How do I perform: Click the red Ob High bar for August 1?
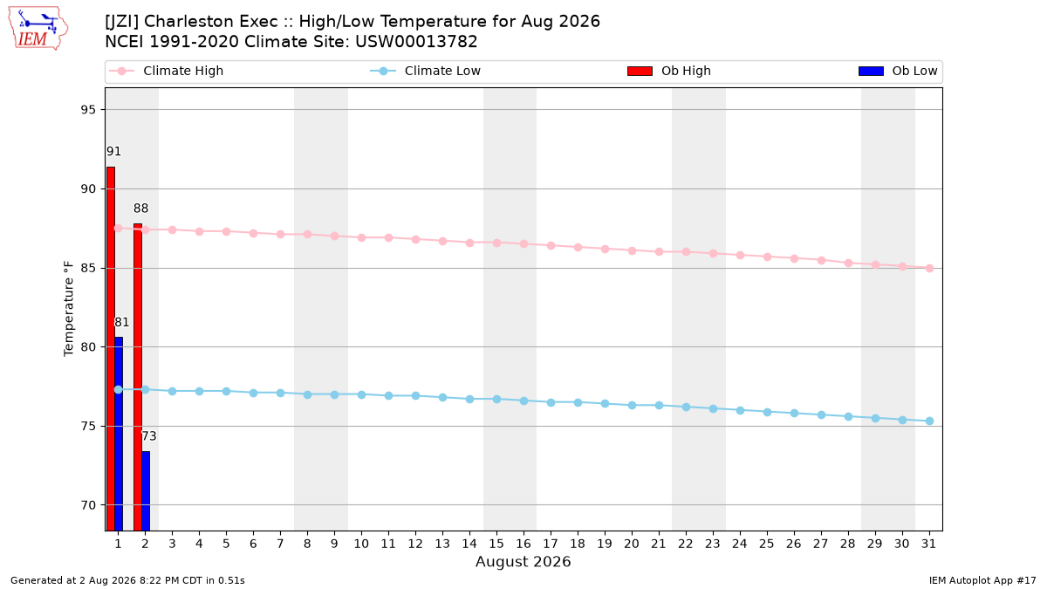[x=110, y=349]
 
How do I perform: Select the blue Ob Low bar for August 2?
[x=146, y=490]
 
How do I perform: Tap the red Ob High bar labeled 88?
[x=138, y=377]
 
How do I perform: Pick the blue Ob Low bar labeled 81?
[x=119, y=434]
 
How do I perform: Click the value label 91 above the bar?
[x=113, y=152]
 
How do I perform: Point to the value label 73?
[x=149, y=436]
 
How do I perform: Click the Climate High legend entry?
[x=167, y=71]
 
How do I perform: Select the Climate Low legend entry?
[x=426, y=71]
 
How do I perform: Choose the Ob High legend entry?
[x=669, y=71]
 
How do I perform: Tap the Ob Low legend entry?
[x=898, y=71]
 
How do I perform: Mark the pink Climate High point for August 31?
[x=929, y=269]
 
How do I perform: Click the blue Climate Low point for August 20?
[x=632, y=405]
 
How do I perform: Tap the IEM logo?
[x=38, y=29]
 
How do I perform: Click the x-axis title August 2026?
[x=523, y=561]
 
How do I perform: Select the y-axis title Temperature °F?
[x=68, y=309]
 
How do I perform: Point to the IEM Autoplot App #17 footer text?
[x=982, y=580]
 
